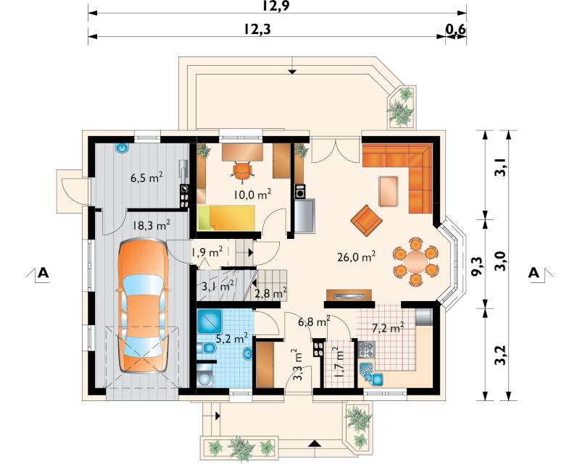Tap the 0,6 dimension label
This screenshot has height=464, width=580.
pos(455,30)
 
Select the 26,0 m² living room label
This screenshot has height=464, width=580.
pos(357,256)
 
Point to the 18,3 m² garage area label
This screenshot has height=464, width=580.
pos(152,225)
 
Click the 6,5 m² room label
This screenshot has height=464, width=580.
pos(147,177)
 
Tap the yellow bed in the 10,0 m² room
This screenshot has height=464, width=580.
pos(226,218)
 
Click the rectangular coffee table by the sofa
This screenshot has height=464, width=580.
pos(389,191)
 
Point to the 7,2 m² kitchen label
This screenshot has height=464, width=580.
pos(387,328)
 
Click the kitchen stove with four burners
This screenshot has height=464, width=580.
pos(367,349)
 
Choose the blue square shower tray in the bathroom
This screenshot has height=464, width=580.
pos(210,321)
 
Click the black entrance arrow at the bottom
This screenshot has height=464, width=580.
pos(314,443)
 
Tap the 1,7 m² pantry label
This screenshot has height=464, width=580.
pos(339,364)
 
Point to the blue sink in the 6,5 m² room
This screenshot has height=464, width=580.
pos(123,148)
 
